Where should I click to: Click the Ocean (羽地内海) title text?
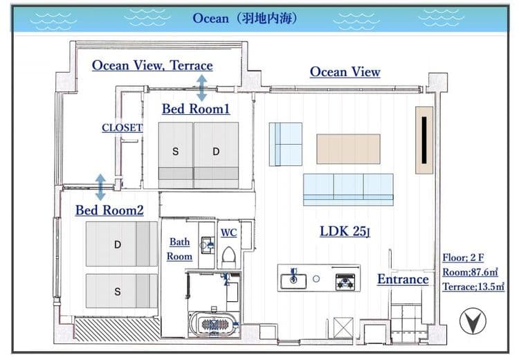(x=244, y=19)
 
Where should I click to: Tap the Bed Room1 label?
(x=196, y=109)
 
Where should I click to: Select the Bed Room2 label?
(x=109, y=210)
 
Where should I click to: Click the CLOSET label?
(x=122, y=127)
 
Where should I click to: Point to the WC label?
(x=229, y=233)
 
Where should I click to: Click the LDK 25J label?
(x=345, y=231)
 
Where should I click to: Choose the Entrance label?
(x=403, y=279)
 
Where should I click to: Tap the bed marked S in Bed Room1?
(x=176, y=155)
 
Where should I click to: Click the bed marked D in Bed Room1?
(x=216, y=155)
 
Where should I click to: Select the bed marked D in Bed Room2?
(x=122, y=244)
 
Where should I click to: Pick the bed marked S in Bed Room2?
(x=122, y=291)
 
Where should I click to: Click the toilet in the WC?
(x=229, y=257)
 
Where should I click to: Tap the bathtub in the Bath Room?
(x=214, y=323)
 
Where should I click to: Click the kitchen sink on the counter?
(x=293, y=280)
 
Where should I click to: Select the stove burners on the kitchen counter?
(x=345, y=282)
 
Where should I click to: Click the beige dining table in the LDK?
(x=348, y=149)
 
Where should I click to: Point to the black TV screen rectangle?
(x=424, y=140)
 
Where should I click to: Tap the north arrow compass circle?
(x=473, y=321)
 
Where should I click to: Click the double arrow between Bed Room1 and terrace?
(x=202, y=88)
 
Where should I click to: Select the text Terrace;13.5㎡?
(x=473, y=287)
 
